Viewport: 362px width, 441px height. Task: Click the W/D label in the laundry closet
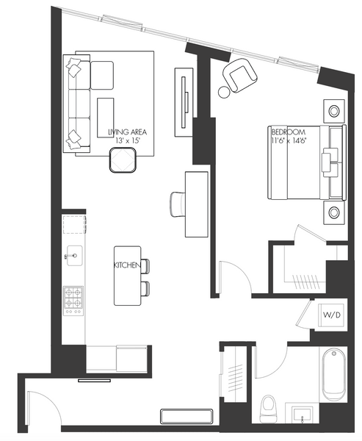[332, 315]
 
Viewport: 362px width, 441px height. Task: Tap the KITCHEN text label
[127, 265]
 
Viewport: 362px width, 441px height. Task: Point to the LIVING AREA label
[128, 132]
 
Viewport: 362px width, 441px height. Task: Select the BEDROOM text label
[289, 132]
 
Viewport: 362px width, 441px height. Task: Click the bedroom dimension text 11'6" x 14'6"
[289, 140]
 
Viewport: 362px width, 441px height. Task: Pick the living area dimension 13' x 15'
[128, 140]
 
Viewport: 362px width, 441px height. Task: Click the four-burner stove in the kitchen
[73, 301]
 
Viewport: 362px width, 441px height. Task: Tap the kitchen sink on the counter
[74, 255]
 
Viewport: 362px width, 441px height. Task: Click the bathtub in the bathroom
[333, 374]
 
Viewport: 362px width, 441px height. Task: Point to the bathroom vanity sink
[302, 415]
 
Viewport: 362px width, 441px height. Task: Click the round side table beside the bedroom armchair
[224, 92]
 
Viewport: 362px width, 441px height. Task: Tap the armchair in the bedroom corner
[239, 76]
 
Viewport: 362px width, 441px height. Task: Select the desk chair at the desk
[178, 204]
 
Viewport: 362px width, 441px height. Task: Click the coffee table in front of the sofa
[106, 118]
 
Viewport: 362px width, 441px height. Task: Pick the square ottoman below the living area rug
[123, 159]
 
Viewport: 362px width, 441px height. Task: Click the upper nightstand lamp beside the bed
[334, 111]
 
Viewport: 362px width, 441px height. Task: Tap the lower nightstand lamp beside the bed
[334, 212]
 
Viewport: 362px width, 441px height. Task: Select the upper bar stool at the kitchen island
[145, 266]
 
